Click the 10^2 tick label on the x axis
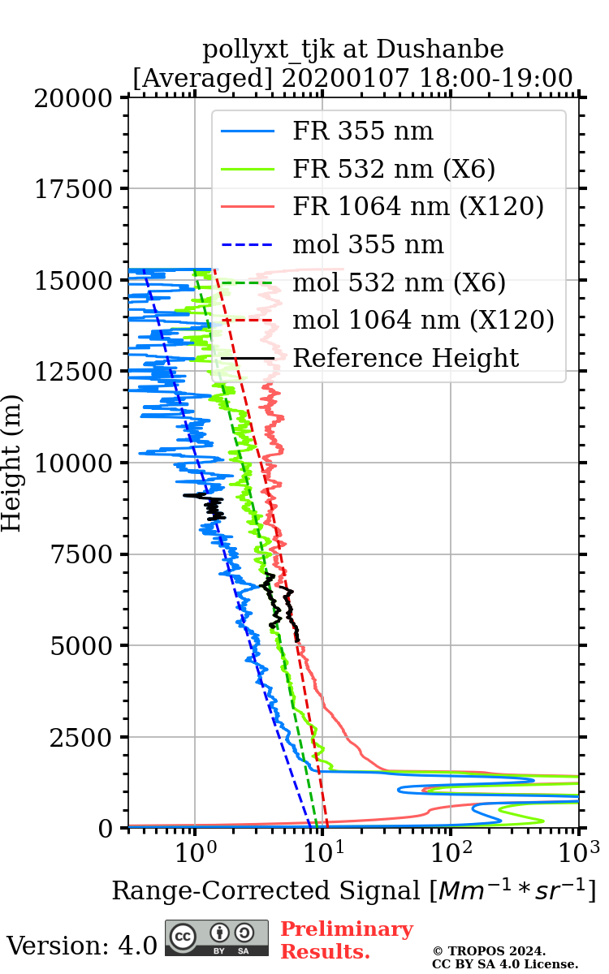pos(451,853)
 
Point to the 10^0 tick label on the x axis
pos(195,853)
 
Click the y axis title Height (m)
pos(12,463)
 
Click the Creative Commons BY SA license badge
pos(217,937)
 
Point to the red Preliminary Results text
pos(347,940)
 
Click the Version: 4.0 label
pos(81,946)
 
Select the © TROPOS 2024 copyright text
pos(489,950)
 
